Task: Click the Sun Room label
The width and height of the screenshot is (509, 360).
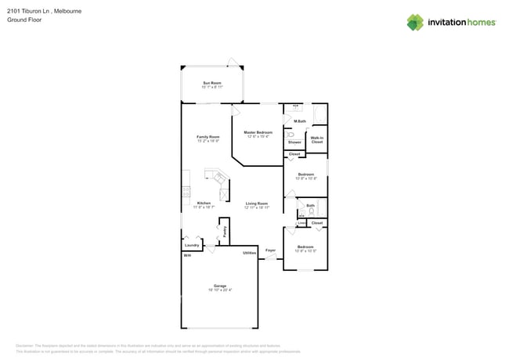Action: click(x=211, y=82)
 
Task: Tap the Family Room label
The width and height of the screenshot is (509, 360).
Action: click(x=208, y=137)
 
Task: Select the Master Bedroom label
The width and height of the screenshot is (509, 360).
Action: click(x=258, y=132)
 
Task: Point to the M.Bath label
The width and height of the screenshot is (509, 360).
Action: click(x=299, y=121)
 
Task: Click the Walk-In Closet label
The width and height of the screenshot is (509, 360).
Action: click(x=316, y=140)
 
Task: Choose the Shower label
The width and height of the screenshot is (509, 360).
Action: click(x=294, y=142)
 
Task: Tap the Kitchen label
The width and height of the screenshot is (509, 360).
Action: click(x=204, y=203)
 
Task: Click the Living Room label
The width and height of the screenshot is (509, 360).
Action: click(x=256, y=203)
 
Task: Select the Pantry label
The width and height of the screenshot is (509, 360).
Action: click(x=225, y=232)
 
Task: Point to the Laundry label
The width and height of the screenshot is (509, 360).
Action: click(x=192, y=245)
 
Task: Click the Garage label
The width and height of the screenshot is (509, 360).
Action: click(x=220, y=286)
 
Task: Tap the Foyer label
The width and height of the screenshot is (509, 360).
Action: click(x=270, y=250)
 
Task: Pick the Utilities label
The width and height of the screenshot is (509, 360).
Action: click(x=249, y=253)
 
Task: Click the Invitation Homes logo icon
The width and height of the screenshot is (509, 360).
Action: click(x=415, y=22)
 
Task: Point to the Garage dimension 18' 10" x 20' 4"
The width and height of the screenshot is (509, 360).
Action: click(x=220, y=290)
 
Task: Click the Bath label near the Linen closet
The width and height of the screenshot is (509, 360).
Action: click(x=310, y=206)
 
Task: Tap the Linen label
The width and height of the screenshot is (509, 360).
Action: click(x=302, y=223)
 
